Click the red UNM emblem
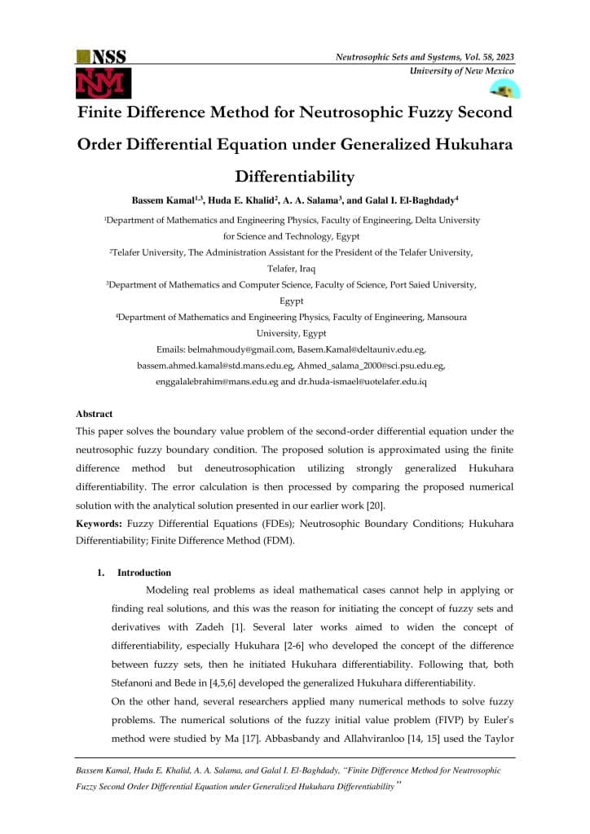[103, 82]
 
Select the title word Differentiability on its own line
[295, 176]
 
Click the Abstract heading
[94, 414]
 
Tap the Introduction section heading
[144, 573]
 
